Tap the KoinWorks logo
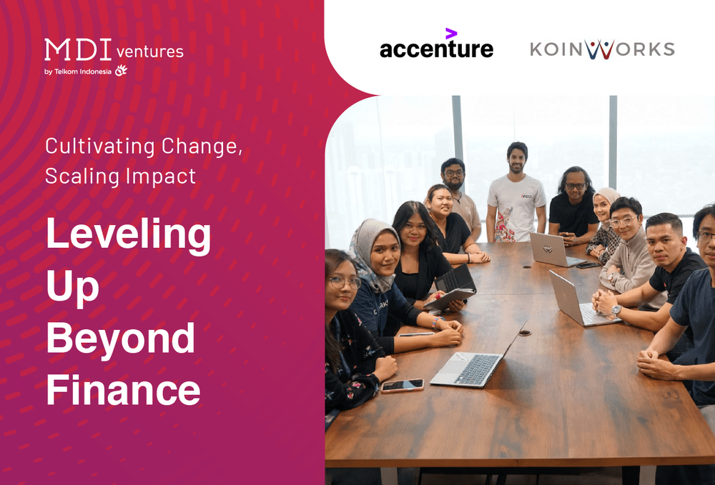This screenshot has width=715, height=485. [x=602, y=49]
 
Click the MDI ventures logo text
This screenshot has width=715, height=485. [x=114, y=50]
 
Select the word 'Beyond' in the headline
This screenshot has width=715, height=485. [x=120, y=339]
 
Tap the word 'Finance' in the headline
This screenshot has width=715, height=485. [x=123, y=390]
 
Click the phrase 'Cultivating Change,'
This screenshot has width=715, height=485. [x=144, y=146]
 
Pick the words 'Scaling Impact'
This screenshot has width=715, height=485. [x=120, y=176]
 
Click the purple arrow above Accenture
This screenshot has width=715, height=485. [x=451, y=33]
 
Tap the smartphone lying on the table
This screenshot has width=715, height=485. [x=402, y=385]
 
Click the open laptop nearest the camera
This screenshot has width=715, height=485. [x=468, y=364]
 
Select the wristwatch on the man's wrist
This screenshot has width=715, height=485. [x=616, y=310]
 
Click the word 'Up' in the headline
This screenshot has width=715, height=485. [x=72, y=287]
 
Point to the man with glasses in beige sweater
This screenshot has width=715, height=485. [x=626, y=246]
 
